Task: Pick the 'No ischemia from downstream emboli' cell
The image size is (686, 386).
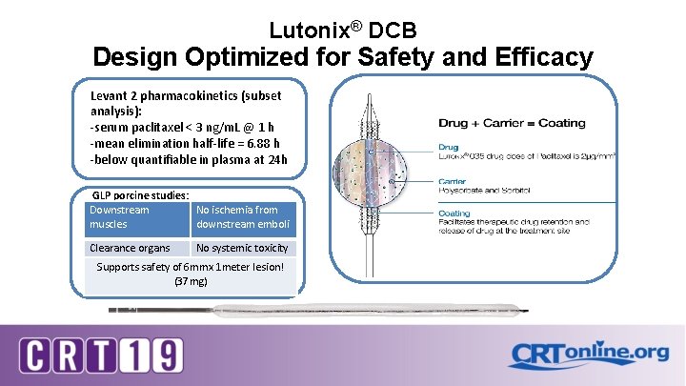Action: click(x=242, y=216)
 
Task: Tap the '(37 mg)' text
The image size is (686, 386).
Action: click(x=191, y=281)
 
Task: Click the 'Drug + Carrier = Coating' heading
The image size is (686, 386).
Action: click(x=512, y=123)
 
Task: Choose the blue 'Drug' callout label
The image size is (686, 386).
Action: click(x=449, y=147)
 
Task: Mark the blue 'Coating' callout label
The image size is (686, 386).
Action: click(x=455, y=213)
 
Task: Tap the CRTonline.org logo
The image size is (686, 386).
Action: click(x=588, y=354)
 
